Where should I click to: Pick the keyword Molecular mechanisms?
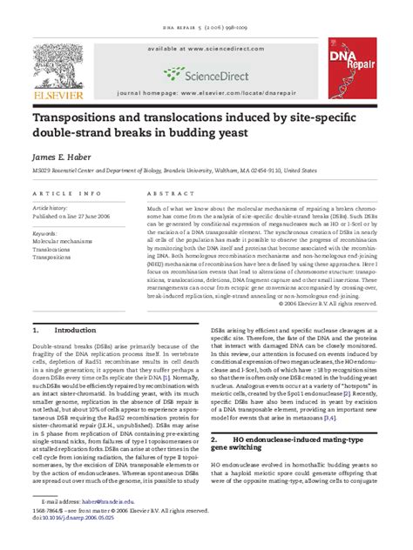[66, 241]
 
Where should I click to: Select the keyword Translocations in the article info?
[55, 250]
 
